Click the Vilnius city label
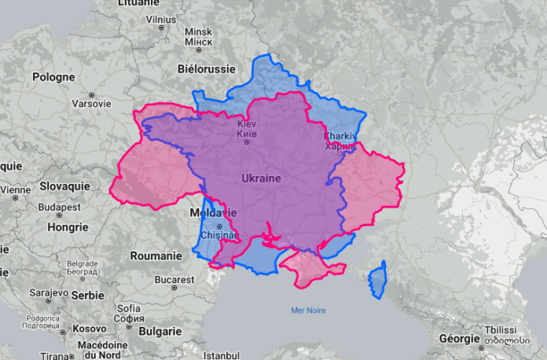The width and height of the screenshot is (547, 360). tap(160, 19)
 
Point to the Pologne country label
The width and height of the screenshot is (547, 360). tap(53, 77)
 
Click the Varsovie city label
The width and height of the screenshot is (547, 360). tap(91, 103)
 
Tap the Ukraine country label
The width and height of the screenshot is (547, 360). tap(261, 178)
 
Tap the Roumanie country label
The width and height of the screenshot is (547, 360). tap(156, 255)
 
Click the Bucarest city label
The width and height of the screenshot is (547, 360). tap(174, 279)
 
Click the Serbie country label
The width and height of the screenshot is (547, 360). tap(87, 295)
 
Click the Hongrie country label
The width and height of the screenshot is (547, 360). tap(68, 227)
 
